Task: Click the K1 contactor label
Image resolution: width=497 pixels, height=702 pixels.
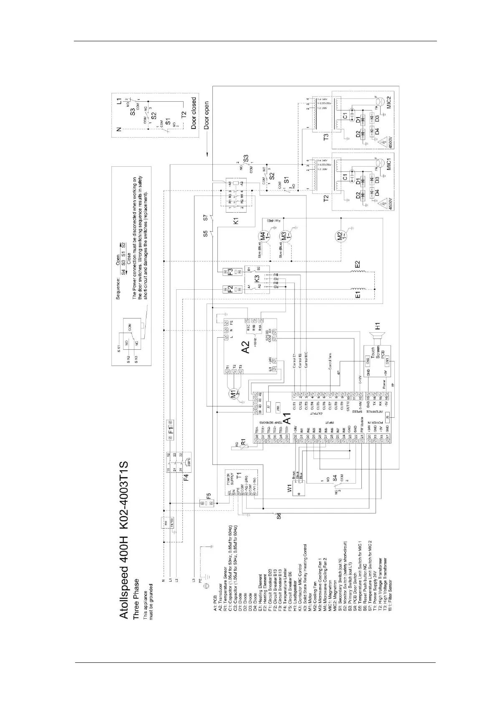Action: (237, 220)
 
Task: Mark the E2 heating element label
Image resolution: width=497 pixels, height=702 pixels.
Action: (358, 264)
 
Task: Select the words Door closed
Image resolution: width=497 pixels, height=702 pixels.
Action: (194, 113)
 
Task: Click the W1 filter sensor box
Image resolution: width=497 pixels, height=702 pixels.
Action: (298, 489)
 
